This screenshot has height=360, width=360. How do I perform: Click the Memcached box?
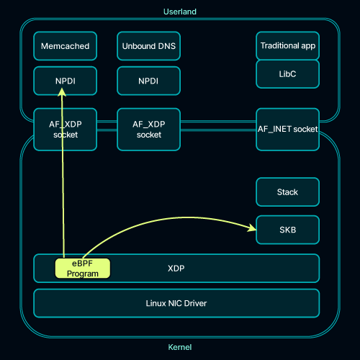(x=66, y=46)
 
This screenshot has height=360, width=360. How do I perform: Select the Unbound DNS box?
(x=148, y=46)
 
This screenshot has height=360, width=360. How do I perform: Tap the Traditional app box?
(x=287, y=45)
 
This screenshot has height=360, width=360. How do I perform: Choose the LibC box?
(x=287, y=74)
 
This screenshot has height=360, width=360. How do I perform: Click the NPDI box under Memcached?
(x=66, y=81)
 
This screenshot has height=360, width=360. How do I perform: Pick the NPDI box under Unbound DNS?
(x=148, y=81)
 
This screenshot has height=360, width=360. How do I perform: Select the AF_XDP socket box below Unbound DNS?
(x=148, y=130)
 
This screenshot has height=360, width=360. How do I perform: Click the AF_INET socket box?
(x=287, y=130)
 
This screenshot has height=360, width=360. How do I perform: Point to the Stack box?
(x=287, y=192)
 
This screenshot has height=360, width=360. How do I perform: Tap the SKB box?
(x=287, y=230)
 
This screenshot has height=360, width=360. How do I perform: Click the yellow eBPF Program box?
(x=83, y=269)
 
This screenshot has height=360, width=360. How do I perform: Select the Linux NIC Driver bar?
(x=176, y=303)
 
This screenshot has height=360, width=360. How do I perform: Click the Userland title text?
(x=180, y=12)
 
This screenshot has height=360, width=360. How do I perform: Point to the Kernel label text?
(x=180, y=347)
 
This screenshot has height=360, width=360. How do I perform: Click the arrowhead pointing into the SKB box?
(x=252, y=228)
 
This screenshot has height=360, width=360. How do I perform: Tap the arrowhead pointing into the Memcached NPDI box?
(x=62, y=92)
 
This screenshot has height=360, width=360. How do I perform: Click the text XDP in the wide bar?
(x=176, y=268)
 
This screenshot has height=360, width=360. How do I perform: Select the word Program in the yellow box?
(x=83, y=274)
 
